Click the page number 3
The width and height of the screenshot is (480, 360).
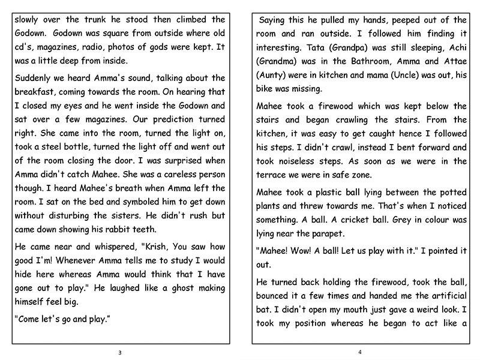click(x=120, y=352)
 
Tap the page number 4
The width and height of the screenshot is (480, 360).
click(x=359, y=352)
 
